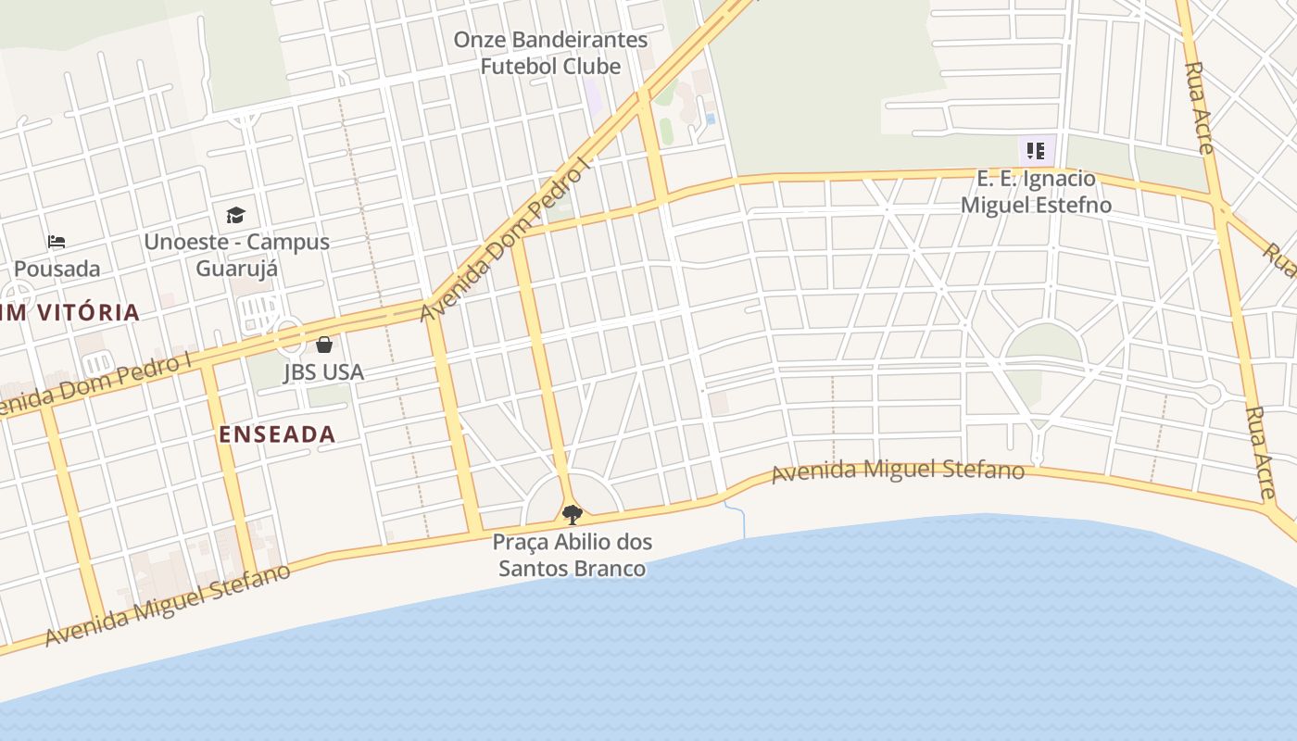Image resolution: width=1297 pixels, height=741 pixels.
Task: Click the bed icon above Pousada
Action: tap(57, 243)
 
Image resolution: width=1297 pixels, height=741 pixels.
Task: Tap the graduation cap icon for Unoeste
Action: tap(236, 216)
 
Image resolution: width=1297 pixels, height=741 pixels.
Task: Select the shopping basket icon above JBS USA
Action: tap(324, 345)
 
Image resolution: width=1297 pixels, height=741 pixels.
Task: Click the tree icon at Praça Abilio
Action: tap(573, 514)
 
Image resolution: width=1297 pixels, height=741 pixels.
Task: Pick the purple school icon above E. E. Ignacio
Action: tap(1036, 150)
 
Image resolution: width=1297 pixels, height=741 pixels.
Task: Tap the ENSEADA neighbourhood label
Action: tap(277, 434)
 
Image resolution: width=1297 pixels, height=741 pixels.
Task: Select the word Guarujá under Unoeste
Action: tap(237, 270)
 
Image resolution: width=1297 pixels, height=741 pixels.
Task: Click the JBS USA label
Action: tap(323, 372)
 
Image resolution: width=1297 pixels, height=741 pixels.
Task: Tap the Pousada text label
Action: tap(57, 270)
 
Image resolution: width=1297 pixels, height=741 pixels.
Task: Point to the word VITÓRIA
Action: tap(82, 313)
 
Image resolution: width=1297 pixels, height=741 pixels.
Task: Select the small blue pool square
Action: tap(710, 119)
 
